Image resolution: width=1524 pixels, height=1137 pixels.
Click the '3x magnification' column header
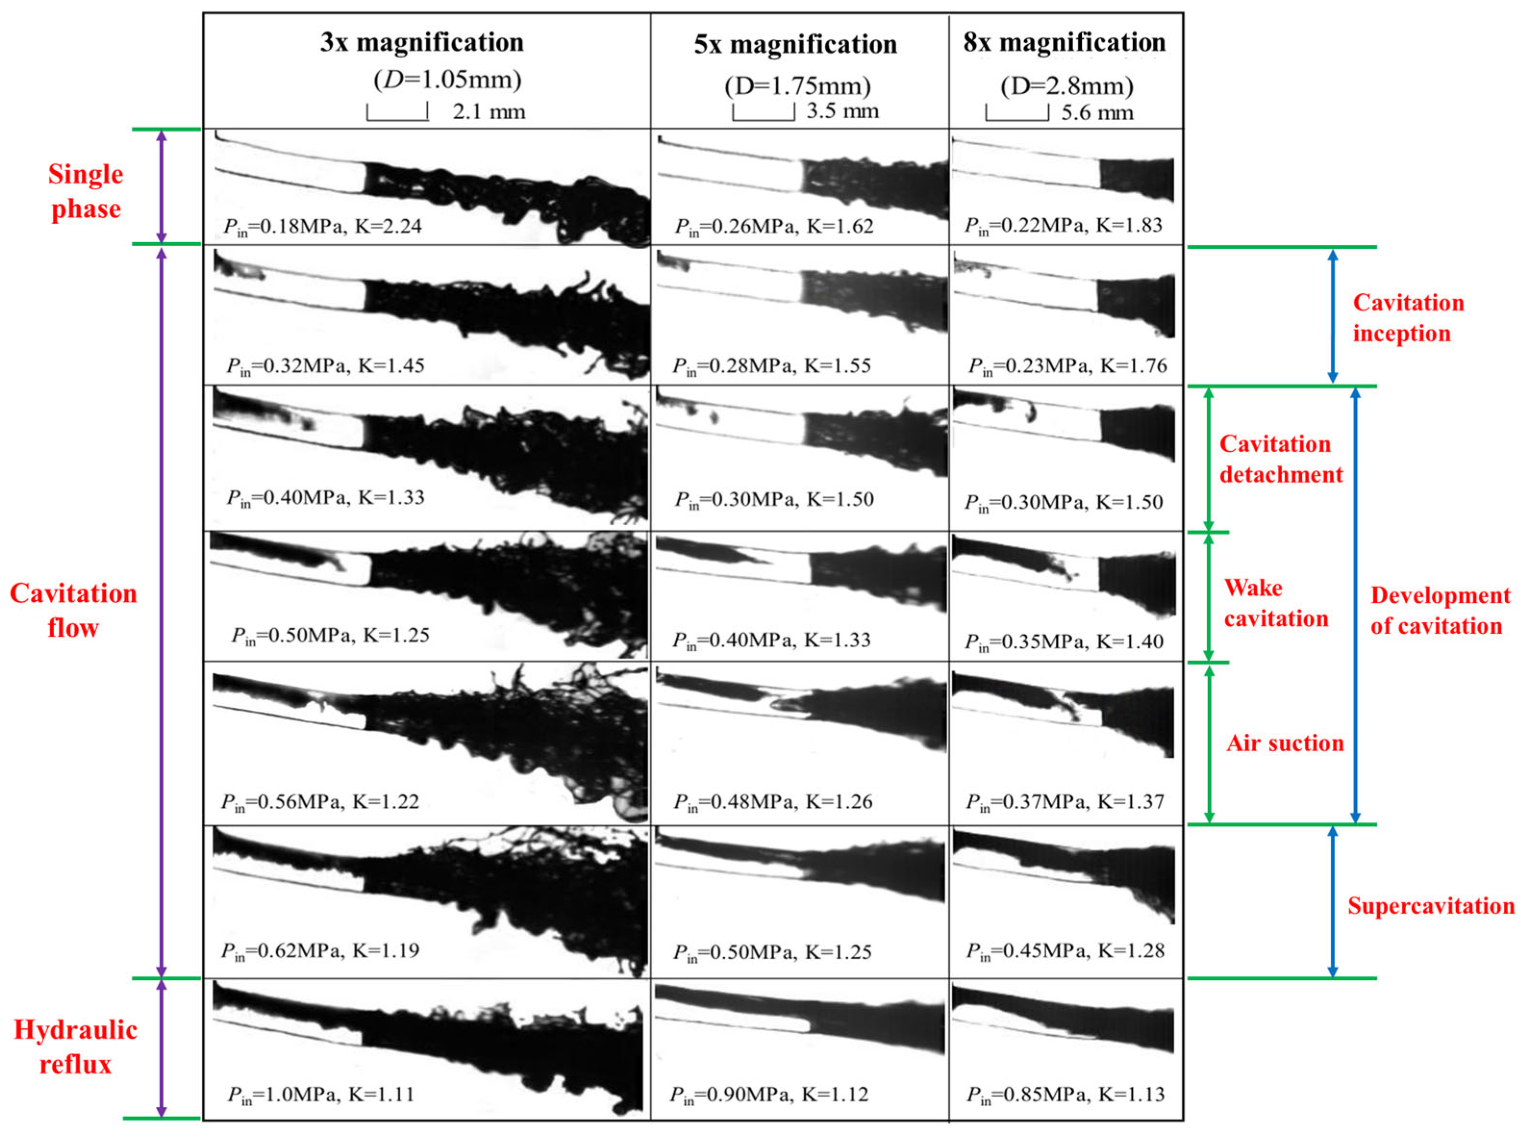coord(421,43)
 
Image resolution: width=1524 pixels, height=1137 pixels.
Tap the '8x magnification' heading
coord(1064,43)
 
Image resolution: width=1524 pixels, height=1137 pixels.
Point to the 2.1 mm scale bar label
coord(489,111)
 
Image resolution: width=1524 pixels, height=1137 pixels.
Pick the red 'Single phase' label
coord(86,191)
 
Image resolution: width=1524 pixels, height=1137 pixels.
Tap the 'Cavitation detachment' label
coord(1281,459)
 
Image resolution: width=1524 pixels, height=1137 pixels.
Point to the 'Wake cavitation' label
coord(1276,604)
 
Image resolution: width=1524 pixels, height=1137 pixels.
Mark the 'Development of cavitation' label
coord(1440,610)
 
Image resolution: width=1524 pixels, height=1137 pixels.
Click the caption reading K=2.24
coord(388,226)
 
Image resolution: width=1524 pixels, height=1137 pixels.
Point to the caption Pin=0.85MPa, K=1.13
coord(1066,1095)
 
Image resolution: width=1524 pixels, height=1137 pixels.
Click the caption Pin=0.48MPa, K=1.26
coord(773,803)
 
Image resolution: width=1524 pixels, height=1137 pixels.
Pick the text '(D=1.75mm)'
coord(798,87)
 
